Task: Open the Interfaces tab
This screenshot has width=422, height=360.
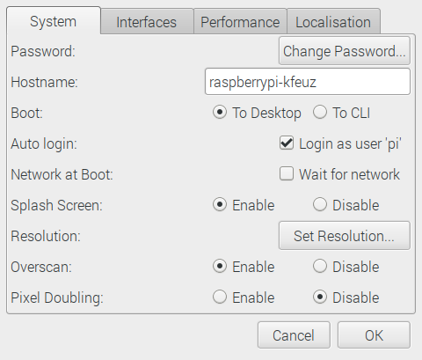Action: point(147,22)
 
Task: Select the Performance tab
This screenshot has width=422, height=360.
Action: point(240,22)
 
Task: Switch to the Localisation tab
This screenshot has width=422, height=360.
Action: point(333,22)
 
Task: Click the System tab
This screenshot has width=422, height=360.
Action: point(54,21)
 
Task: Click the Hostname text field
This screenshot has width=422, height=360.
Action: point(308,82)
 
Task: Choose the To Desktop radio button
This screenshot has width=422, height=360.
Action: point(220,113)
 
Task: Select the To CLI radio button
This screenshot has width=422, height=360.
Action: point(320,113)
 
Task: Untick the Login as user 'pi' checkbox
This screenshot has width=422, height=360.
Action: point(287,143)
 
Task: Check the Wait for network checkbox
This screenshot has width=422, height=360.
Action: point(287,173)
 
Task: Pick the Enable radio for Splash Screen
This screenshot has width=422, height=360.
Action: point(220,204)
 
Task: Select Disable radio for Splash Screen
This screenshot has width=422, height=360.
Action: point(320,204)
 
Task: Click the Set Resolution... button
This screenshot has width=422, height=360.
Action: point(345,236)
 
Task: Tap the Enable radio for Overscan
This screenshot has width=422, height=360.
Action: point(220,267)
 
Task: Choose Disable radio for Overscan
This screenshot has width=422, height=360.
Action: point(320,267)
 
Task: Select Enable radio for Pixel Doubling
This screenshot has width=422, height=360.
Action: point(220,298)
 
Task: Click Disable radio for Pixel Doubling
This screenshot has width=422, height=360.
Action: point(320,298)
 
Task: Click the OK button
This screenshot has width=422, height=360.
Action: point(374,335)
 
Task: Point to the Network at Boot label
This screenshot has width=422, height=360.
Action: point(62,174)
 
